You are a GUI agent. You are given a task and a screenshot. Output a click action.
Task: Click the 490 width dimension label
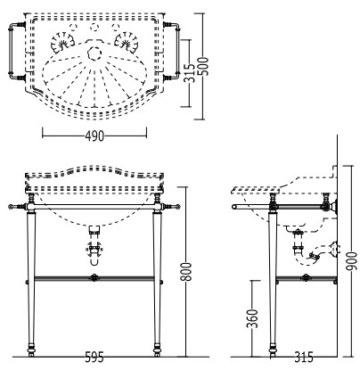click(94, 136)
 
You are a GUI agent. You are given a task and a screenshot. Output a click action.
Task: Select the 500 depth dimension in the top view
click(204, 66)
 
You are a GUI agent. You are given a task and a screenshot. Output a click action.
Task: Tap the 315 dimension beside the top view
click(189, 73)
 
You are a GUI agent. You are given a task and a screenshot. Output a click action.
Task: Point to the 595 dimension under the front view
click(94, 357)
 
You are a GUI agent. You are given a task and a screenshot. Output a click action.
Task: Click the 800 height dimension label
click(187, 272)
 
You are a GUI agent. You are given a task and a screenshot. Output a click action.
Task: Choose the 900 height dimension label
click(352, 261)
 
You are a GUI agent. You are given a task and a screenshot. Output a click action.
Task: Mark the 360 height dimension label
click(253, 318)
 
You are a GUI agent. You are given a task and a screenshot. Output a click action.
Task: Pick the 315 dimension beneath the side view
click(304, 357)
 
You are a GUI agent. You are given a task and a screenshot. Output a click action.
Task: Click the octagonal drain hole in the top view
click(94, 53)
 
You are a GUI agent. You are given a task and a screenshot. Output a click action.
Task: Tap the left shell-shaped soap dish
click(61, 42)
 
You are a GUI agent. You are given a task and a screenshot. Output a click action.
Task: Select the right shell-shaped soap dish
click(127, 42)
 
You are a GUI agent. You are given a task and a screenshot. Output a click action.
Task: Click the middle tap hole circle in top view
click(94, 27)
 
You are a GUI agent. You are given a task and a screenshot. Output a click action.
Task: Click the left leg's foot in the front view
click(30, 350)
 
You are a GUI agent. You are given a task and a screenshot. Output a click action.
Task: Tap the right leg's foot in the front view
click(157, 350)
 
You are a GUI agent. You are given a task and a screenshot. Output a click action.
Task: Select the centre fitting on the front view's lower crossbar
click(94, 278)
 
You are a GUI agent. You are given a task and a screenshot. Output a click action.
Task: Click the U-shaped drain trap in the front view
click(94, 256)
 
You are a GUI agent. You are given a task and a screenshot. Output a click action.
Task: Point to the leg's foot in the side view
click(273, 350)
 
